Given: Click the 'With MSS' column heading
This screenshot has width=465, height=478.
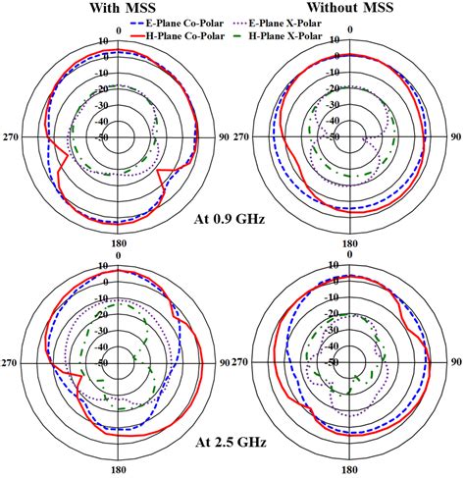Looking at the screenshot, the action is (x=123, y=8).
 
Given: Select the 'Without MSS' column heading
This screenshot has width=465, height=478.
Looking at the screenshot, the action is (x=350, y=7).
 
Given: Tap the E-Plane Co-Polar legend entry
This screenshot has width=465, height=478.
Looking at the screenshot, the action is (x=178, y=24).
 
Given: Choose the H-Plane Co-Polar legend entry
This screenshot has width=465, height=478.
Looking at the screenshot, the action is (x=178, y=35).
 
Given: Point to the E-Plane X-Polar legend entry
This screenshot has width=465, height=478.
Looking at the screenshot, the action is (x=278, y=24).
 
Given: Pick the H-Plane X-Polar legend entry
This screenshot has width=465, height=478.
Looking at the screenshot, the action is (x=278, y=35).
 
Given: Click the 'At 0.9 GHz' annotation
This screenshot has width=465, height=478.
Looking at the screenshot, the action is (x=230, y=219).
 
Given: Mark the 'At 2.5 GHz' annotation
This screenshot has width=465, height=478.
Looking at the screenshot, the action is (x=231, y=443).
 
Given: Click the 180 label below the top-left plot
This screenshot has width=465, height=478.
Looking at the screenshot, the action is (x=119, y=243).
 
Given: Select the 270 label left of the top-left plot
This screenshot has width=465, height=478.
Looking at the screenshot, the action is (x=11, y=136).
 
